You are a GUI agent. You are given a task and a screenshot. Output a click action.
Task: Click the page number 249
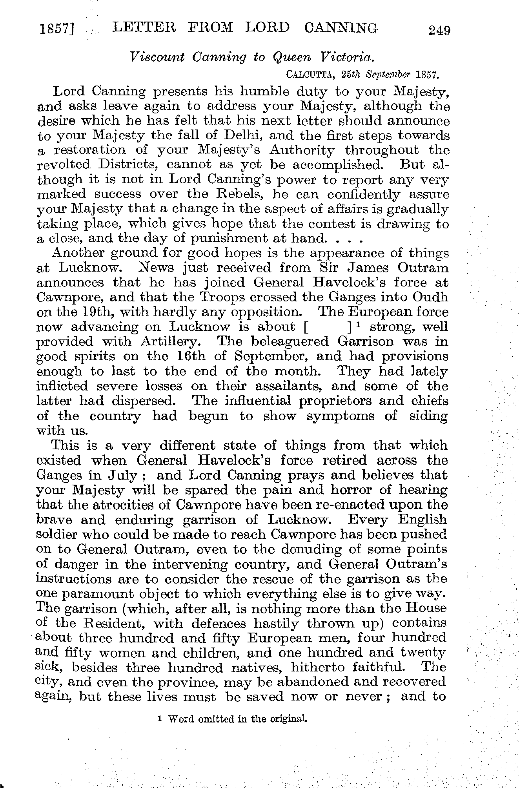click(x=439, y=30)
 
